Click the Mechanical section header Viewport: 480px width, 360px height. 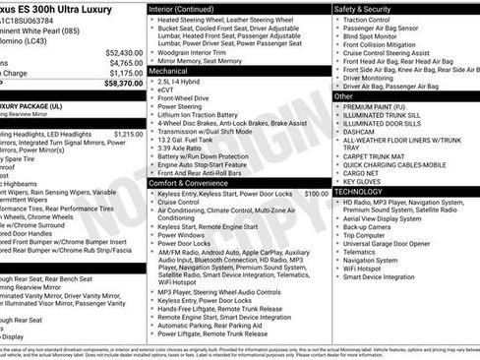click(168, 71)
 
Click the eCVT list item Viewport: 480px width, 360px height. click(168, 90)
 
